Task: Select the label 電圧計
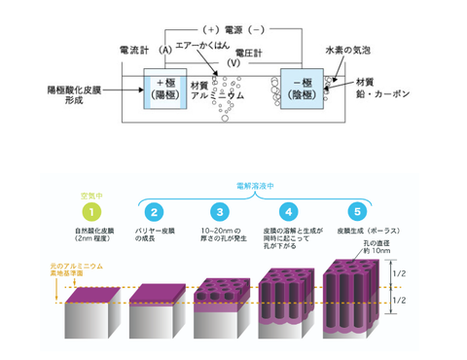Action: [233, 54]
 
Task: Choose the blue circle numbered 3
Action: [220, 210]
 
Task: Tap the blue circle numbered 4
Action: [286, 210]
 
